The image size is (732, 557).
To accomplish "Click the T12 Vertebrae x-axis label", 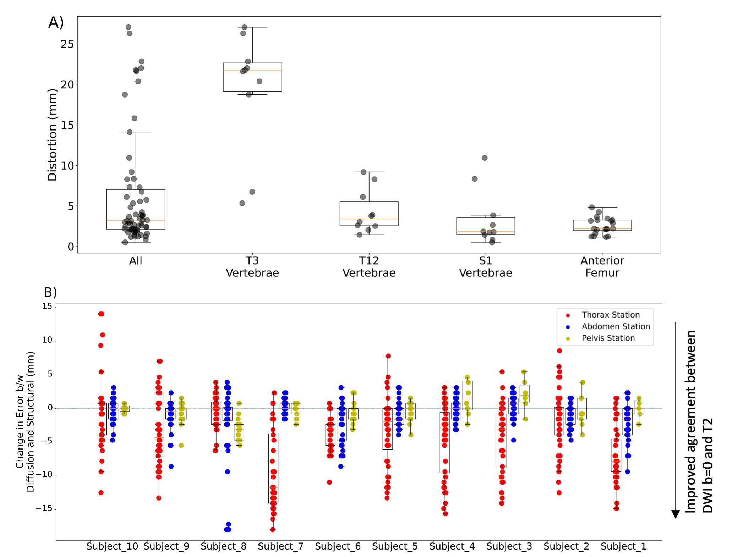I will (x=369, y=267).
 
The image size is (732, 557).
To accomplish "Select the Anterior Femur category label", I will (x=602, y=267).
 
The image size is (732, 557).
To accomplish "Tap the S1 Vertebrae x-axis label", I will (x=485, y=267).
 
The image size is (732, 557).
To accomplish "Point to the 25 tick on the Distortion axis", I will (x=67, y=44).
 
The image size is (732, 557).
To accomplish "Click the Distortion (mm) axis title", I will (x=52, y=135).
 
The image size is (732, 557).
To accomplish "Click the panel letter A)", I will (x=56, y=23).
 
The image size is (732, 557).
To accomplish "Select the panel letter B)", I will (x=50, y=292).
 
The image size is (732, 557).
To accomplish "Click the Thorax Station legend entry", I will (x=610, y=315).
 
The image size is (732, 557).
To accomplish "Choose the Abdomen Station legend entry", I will (x=616, y=326).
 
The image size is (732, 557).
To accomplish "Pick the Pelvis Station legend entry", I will (x=608, y=338).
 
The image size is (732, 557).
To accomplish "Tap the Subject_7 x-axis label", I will (x=280, y=546).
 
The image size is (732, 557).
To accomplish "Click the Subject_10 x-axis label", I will (x=112, y=546).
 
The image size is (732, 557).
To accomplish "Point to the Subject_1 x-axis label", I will (x=623, y=546).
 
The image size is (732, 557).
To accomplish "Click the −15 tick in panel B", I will (x=44, y=509).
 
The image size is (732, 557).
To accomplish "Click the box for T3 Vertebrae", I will (x=252, y=77).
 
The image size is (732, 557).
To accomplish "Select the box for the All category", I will (x=136, y=209).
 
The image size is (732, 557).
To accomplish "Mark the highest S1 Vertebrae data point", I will (x=485, y=158).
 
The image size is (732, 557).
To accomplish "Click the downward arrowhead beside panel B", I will (x=676, y=514).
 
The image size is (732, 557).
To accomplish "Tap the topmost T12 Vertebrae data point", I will (x=364, y=172).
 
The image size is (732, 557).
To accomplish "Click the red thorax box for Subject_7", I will (x=273, y=468).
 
